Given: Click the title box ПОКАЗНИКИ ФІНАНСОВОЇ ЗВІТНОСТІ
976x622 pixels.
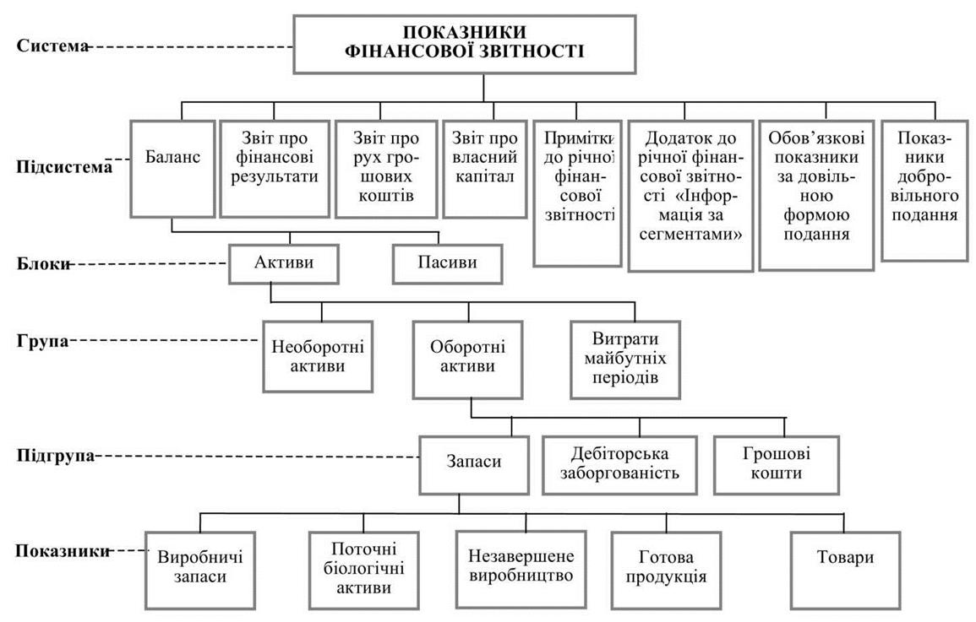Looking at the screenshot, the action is click(465, 44).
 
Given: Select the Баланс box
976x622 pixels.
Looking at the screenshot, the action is click(172, 169).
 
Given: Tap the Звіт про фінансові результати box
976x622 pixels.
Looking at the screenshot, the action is click(275, 169).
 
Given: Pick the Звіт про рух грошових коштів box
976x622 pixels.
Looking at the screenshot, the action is click(386, 169).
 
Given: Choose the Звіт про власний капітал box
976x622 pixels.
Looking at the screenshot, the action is click(485, 169).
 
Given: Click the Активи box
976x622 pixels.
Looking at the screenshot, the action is click(284, 263).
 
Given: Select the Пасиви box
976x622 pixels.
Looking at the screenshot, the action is click(448, 263).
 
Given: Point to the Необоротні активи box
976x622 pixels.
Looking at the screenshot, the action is click(318, 356).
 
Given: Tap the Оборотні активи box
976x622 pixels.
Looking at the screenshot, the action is click(467, 360).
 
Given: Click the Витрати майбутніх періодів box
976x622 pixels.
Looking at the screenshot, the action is click(625, 360).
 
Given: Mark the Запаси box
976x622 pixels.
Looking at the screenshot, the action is click(474, 465).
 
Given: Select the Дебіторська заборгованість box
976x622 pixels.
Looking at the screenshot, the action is click(619, 465).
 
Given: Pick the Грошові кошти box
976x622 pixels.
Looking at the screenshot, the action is click(777, 465).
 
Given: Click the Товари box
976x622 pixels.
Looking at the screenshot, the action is click(845, 570).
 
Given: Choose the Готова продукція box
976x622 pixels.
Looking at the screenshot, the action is click(666, 570).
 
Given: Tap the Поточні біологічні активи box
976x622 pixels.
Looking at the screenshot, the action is click(363, 570).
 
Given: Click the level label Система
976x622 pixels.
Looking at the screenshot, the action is click(52, 46).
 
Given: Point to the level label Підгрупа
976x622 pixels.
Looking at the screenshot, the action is click(56, 456).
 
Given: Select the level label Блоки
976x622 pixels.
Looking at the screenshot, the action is click(43, 263).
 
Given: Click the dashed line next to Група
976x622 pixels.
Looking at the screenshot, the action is click(163, 340).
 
